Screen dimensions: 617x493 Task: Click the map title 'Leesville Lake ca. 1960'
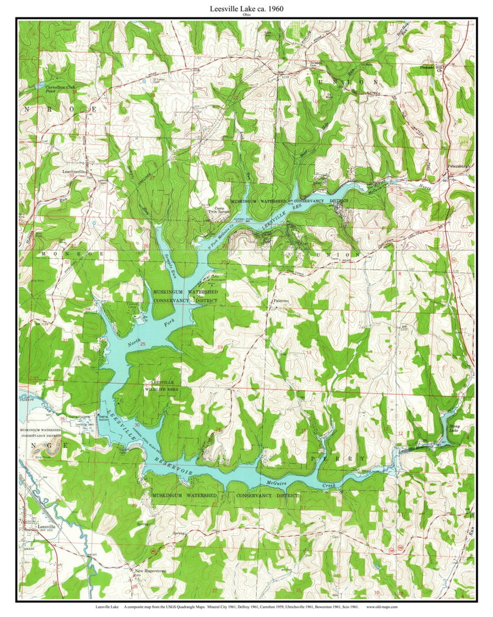click(x=246, y=8)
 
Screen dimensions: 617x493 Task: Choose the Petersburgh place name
click(x=458, y=167)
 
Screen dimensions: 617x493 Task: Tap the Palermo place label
click(x=281, y=300)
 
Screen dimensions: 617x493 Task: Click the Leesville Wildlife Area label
click(x=163, y=386)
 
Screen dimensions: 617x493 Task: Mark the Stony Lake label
click(x=455, y=428)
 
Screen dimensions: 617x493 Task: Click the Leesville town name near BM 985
click(x=48, y=527)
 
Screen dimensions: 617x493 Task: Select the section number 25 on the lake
click(x=143, y=344)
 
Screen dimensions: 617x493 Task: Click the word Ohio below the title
click(x=246, y=14)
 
